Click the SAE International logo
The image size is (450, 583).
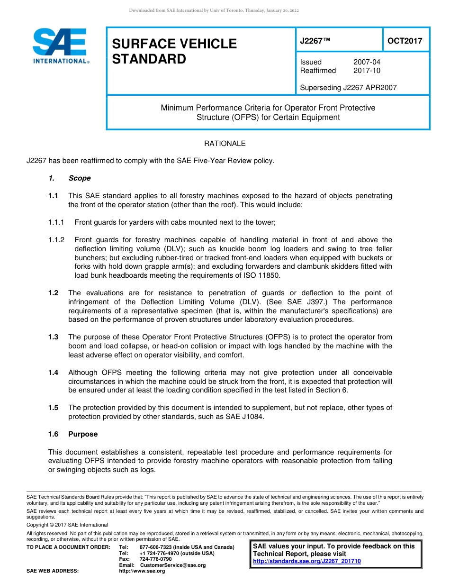pos(60,46)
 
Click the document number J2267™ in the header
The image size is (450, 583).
pos(315,41)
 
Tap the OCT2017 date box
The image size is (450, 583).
pos(405,41)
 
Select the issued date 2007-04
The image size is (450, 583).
pos(367,62)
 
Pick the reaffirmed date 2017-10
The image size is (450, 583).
pos(367,71)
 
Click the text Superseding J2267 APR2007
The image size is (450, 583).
pos(348,87)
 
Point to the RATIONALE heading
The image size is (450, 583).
pos(225,144)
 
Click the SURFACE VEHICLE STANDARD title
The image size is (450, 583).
pos(174,51)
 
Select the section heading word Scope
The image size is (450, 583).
pos(79,178)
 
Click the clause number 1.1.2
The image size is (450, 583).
pos(56,240)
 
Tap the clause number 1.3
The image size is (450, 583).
pos(53,337)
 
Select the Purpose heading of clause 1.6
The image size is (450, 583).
pos(83,434)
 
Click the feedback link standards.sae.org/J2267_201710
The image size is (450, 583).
pos(307,561)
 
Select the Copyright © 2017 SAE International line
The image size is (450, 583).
pos(67,525)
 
